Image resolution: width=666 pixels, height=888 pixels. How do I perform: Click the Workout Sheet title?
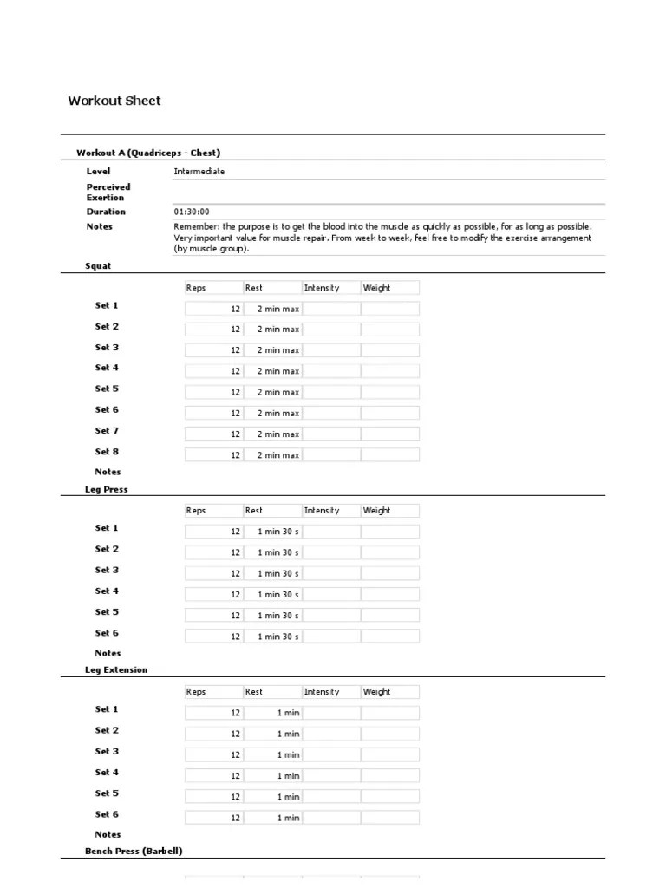[114, 101]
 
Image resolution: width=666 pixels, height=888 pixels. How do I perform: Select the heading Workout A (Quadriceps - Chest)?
[153, 153]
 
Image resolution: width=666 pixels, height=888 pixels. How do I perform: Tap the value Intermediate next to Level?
[199, 172]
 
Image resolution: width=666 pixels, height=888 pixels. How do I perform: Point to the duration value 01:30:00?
[191, 212]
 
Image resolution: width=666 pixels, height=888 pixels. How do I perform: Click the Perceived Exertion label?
[108, 192]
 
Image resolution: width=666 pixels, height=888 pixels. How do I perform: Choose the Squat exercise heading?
[97, 266]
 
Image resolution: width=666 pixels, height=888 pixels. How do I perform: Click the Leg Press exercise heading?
[106, 489]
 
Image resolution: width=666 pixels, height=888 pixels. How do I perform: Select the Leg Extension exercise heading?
[116, 670]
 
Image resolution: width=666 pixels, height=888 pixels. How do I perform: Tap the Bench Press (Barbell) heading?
[134, 852]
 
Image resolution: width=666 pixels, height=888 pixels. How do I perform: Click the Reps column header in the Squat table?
[196, 288]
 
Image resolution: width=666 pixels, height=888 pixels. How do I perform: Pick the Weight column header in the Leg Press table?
[376, 511]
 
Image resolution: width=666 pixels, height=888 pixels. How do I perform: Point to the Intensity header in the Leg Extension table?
[322, 692]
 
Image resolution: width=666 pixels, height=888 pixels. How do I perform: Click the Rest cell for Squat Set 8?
[272, 455]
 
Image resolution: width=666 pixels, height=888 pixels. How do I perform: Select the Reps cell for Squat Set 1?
[213, 309]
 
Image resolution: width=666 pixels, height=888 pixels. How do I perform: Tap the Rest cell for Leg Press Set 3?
[272, 573]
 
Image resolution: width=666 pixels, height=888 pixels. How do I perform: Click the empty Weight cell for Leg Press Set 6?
[390, 637]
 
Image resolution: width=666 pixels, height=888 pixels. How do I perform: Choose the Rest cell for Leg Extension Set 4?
[272, 776]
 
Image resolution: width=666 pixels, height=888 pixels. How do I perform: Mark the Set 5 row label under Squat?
[107, 388]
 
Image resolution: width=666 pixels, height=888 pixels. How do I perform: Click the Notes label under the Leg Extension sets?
[108, 834]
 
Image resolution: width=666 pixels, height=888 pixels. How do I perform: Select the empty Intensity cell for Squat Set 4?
[331, 371]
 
